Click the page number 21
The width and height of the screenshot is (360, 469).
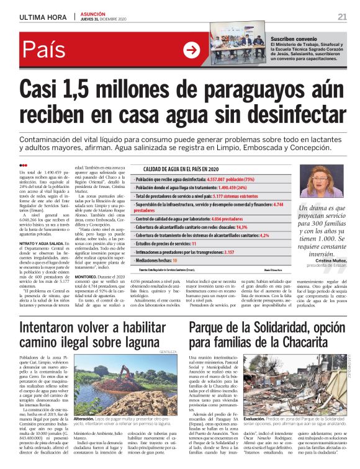click(342, 16)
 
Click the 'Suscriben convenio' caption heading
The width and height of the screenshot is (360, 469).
click(292, 38)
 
